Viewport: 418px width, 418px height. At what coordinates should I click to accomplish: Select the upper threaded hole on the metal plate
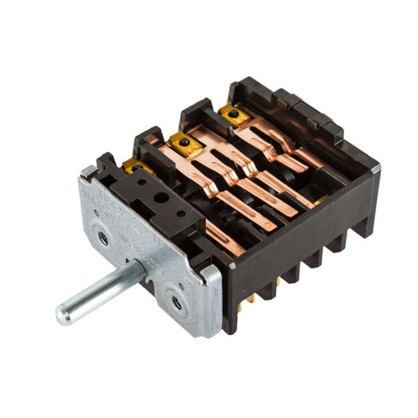click(104, 238)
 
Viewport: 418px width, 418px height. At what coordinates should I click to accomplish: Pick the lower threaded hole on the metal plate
click(176, 302)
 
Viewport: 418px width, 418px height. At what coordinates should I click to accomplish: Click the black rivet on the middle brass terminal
click(185, 143)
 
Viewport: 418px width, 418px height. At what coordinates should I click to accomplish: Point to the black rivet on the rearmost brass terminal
click(233, 114)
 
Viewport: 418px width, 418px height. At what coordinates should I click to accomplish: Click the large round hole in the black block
click(160, 198)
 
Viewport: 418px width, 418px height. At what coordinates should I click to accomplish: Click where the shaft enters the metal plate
click(142, 271)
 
